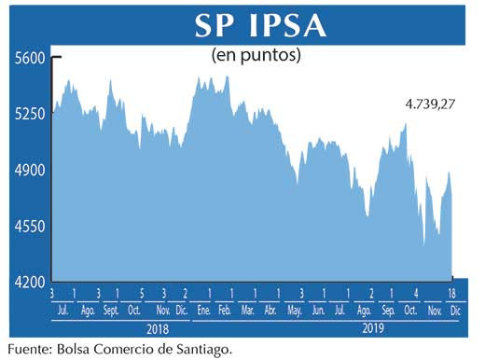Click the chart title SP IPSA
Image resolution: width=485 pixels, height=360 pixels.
click(260, 26)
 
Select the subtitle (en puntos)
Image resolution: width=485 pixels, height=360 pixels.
click(256, 56)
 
